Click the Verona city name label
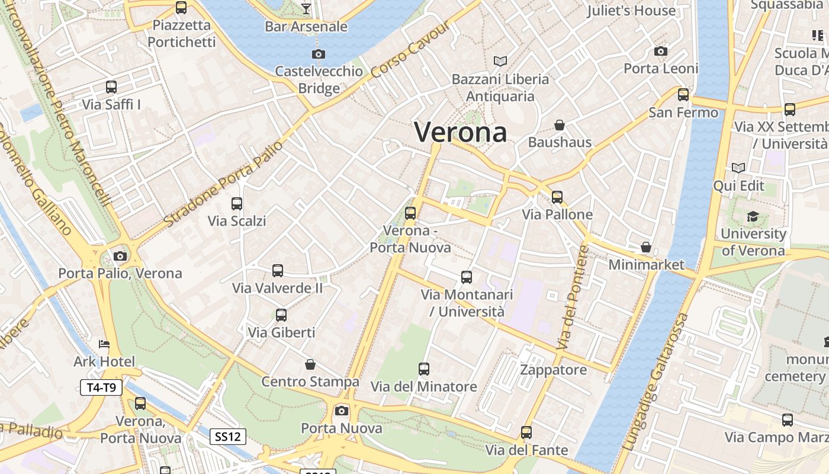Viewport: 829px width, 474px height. (461, 132)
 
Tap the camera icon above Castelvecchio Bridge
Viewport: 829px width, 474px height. (319, 55)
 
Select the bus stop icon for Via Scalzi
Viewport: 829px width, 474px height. (237, 204)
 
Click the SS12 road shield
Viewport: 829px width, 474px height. (228, 437)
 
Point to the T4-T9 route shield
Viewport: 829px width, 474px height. (101, 388)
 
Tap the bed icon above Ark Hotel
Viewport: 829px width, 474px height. (104, 344)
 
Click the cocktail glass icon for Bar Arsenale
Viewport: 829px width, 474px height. (306, 8)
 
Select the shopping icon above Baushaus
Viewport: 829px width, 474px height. (559, 125)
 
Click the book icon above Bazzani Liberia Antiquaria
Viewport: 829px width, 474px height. (500, 61)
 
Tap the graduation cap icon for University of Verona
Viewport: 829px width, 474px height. (753, 216)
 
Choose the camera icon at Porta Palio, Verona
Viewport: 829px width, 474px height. (120, 256)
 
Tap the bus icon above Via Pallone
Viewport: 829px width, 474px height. (557, 197)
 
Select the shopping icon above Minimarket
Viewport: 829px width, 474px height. (646, 247)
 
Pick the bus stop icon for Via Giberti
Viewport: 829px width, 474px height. (281, 315)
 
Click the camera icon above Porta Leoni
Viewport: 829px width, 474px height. (661, 52)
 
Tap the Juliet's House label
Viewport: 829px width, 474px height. (631, 11)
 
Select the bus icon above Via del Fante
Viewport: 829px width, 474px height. (526, 433)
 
